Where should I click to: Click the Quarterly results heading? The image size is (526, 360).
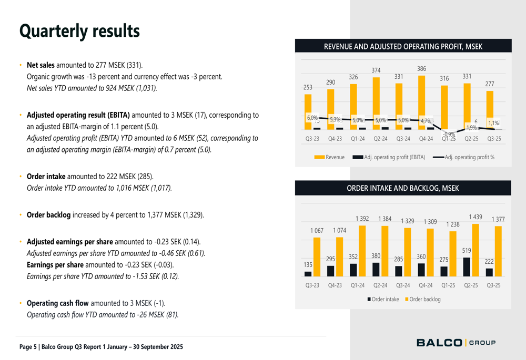pos(79,31)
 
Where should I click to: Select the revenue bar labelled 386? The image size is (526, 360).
pos(422,102)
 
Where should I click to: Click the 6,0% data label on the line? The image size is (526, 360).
pos(312,118)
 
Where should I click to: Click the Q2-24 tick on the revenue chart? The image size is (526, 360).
pos(380,139)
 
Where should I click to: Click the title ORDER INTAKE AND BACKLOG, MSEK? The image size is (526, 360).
pos(403,188)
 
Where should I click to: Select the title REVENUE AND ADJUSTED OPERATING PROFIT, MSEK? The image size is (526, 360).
pos(403,46)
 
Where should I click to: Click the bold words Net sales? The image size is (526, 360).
pos(41,66)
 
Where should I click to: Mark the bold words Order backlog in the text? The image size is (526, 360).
pos(48,214)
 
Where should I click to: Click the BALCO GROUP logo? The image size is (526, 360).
pos(456,343)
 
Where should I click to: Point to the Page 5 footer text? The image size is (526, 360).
pos(101,347)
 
